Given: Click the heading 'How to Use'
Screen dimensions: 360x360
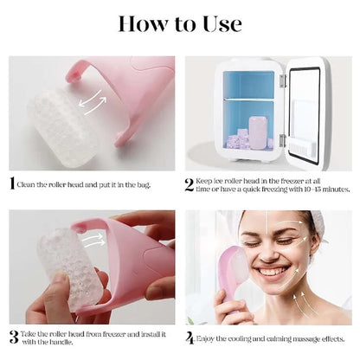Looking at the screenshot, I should [x=180, y=24].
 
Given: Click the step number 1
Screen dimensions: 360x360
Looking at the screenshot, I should [x=12, y=183].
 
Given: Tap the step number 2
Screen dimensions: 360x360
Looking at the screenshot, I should [x=190, y=183].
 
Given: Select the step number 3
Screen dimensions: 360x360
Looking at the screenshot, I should [x=13, y=337].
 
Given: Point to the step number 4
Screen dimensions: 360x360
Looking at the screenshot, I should [x=190, y=337].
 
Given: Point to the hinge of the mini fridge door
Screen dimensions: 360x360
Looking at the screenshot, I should [x=281, y=79].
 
